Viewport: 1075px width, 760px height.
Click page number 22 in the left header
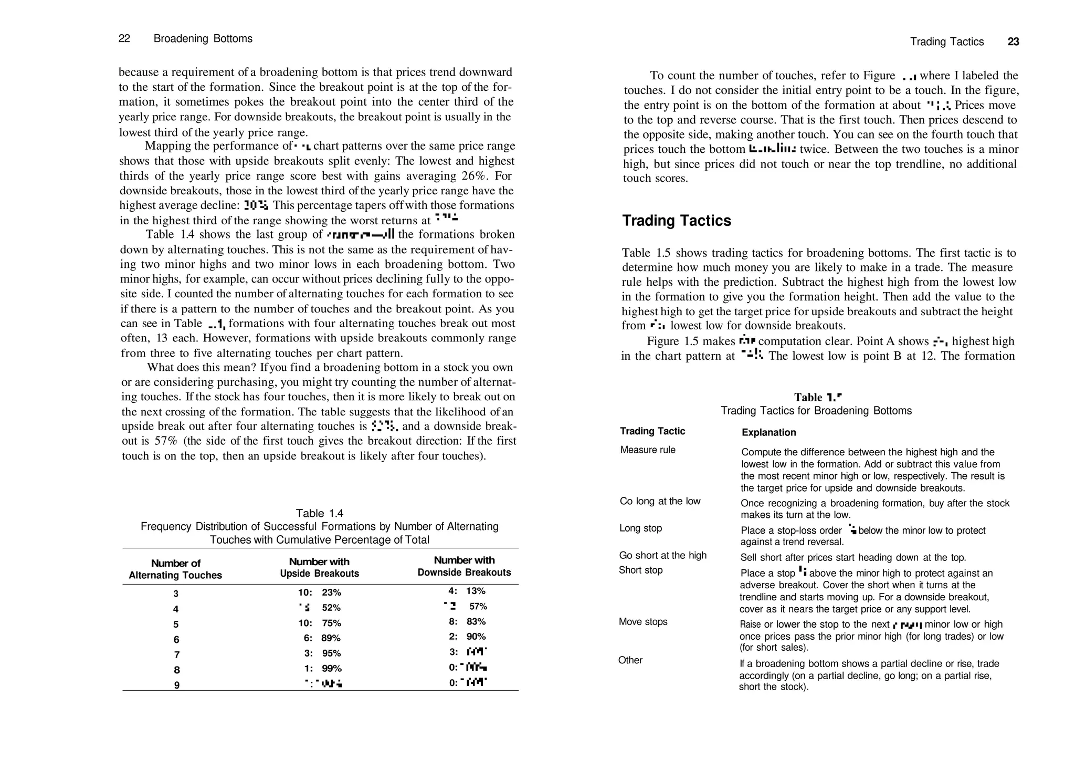pos(124,39)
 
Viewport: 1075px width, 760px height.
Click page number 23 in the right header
pos(1013,42)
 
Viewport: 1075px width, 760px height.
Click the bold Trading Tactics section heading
pos(676,221)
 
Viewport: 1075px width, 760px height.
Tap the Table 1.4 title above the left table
pos(319,513)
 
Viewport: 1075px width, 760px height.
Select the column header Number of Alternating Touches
pos(175,569)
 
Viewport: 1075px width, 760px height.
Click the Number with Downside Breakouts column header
pos(464,566)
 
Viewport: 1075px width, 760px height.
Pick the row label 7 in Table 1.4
pos(176,655)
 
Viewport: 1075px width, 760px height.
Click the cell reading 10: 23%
pos(319,592)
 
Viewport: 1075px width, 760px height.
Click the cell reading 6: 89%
pos(322,638)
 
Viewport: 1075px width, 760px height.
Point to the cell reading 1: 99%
pos(322,669)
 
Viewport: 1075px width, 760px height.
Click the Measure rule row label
pos(648,450)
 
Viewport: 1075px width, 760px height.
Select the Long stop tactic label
pos(640,528)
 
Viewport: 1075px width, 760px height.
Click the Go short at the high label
pos(662,556)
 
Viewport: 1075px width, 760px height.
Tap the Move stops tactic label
pos(643,622)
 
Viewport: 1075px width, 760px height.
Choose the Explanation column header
pos(768,433)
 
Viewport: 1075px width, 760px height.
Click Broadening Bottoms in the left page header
pos(203,39)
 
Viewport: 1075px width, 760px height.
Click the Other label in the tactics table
pos(630,660)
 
